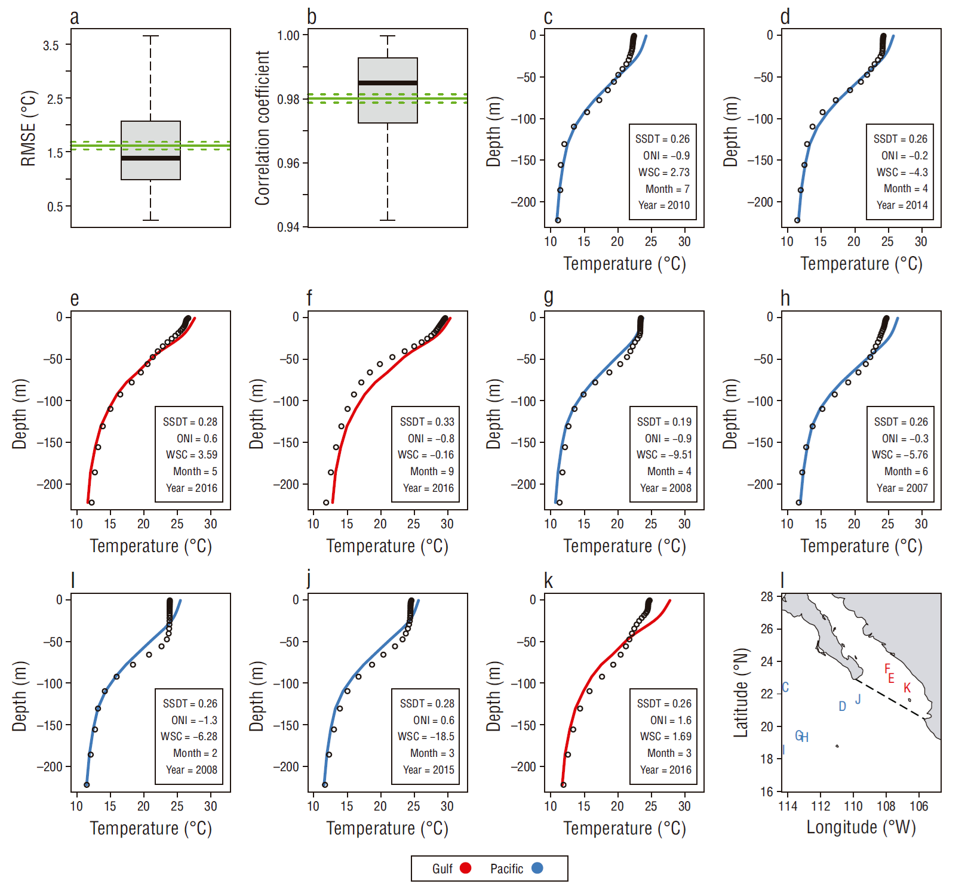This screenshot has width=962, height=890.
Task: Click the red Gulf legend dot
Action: click(465, 869)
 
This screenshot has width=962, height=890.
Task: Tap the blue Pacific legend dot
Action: click(537, 869)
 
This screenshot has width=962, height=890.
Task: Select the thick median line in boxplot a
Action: click(150, 158)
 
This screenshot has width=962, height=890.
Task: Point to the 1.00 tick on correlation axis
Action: click(288, 36)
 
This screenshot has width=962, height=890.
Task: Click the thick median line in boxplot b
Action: click(388, 83)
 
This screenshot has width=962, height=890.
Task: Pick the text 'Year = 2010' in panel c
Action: click(663, 205)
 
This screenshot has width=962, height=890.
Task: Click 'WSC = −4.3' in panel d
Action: click(902, 173)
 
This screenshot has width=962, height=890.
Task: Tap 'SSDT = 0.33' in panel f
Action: click(427, 422)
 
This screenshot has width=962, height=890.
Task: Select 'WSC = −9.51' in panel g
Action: click(663, 455)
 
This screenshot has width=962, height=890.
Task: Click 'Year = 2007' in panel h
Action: click(902, 488)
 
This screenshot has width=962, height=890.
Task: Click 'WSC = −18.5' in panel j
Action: click(426, 737)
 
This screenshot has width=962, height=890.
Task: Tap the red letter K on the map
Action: click(907, 688)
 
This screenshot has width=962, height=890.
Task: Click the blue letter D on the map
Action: click(842, 707)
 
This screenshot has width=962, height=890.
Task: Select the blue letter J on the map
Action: click(858, 699)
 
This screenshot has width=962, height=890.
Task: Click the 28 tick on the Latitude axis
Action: click(767, 597)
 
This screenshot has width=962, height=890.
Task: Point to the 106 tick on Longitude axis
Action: click(918, 806)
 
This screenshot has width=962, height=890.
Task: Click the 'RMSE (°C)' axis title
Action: click(28, 128)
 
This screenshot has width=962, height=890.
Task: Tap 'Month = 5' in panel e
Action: click(195, 472)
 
